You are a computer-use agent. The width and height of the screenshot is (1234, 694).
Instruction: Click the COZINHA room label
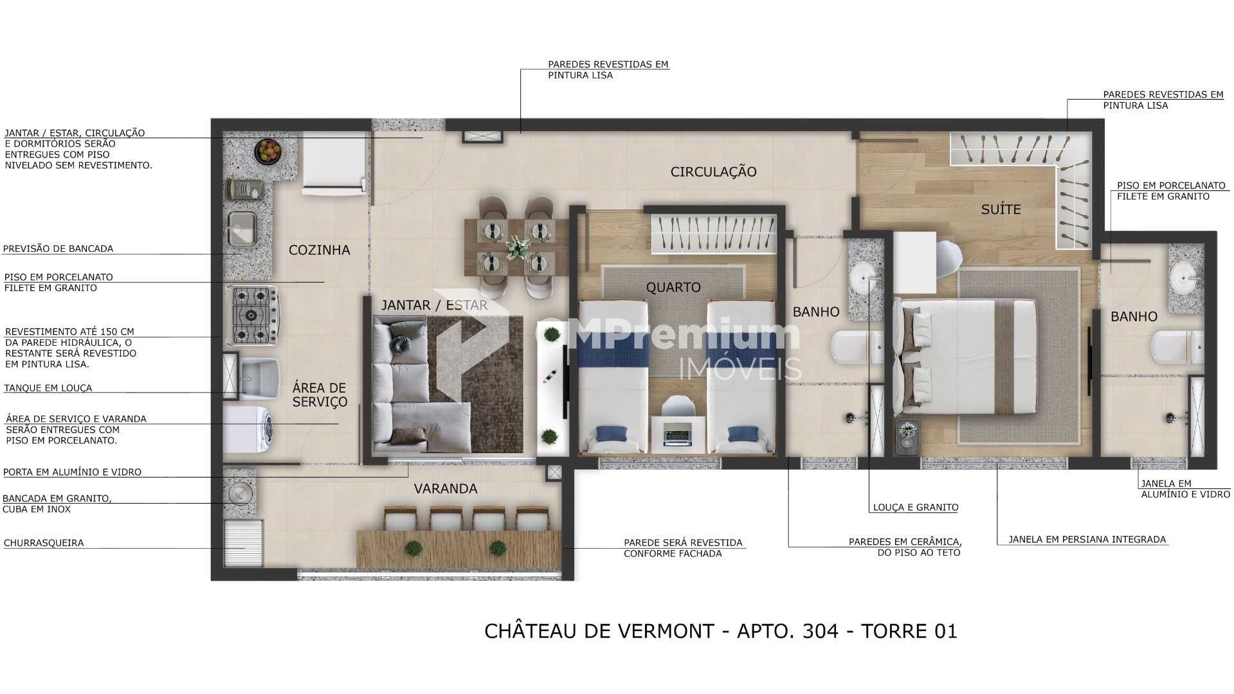point(319,250)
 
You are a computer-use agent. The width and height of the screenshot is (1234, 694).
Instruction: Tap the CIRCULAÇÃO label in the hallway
point(713,172)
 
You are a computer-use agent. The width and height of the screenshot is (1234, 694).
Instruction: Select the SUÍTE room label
point(1001,209)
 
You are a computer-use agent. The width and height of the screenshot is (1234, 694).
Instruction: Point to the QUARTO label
point(673,287)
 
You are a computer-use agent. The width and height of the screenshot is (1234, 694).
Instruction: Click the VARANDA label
point(445,488)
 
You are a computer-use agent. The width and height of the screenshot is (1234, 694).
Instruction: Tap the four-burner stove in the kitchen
point(252,315)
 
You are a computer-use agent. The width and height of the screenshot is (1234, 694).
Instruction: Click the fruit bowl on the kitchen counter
point(268,152)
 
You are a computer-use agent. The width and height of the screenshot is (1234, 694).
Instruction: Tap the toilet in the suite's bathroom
point(1178,347)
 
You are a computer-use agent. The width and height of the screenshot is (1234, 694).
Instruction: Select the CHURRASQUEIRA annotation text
point(44,543)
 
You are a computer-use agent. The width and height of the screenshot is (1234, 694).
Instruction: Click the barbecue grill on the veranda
point(244,543)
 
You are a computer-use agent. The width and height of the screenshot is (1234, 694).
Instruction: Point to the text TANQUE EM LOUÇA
point(48,388)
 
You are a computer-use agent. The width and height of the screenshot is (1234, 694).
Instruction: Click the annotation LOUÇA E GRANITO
point(915,508)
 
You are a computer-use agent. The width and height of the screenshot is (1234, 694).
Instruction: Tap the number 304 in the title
point(821,631)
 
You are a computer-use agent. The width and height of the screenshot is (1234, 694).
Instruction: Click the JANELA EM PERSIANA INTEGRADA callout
point(1087,540)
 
